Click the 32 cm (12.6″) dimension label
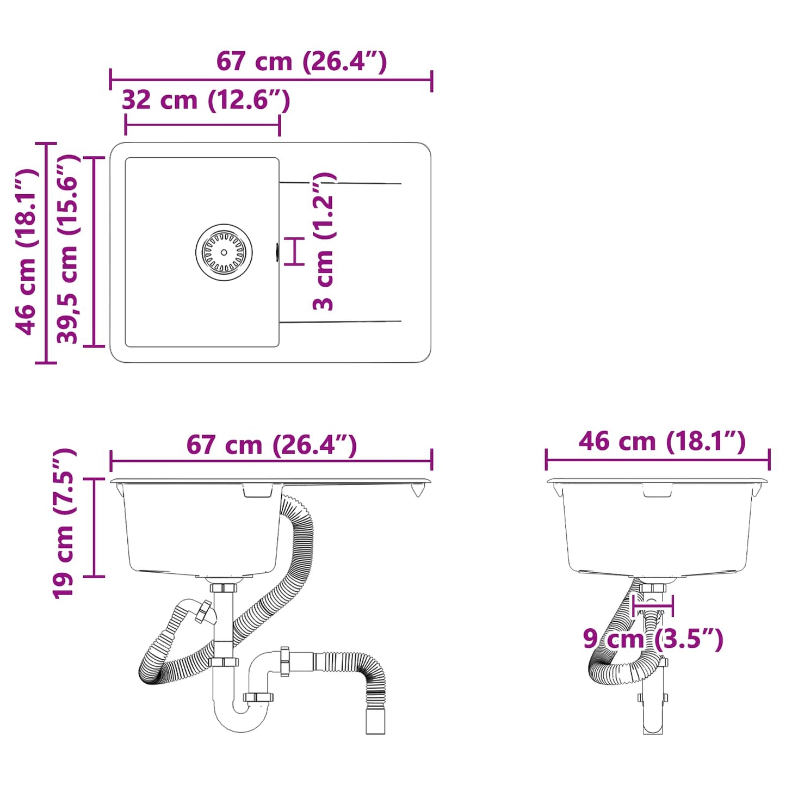pos(206,100)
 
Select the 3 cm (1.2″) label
pos(324,242)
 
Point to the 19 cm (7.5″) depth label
pos(64,523)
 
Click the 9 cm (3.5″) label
pos(653,639)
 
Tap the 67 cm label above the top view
pos(301,61)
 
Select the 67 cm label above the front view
pos(271,445)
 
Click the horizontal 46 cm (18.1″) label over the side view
pos(661,441)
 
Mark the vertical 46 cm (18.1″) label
pos(26,251)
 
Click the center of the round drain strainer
pos(224,252)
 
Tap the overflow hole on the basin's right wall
pos(277,252)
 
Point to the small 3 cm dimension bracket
pos(295,252)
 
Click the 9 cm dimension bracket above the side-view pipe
pos(653,605)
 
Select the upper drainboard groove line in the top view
pos(341,183)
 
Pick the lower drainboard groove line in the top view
pos(341,321)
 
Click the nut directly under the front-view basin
pos(224,588)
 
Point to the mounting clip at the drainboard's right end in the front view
pos(417,489)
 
